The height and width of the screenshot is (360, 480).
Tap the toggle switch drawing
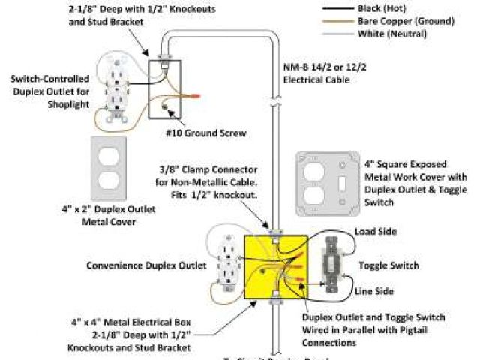coord(331,264)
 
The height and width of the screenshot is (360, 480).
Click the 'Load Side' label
coord(376,232)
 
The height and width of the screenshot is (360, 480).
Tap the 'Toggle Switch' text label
coord(388,265)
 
